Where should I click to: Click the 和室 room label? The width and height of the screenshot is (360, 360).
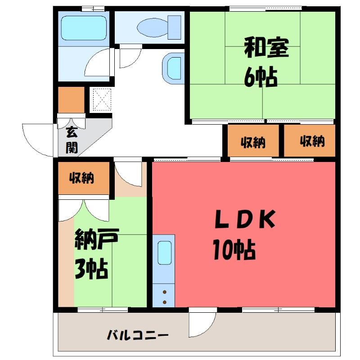(266, 48)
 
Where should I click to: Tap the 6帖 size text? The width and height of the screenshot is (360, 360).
(261, 77)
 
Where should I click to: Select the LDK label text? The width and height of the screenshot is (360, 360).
(245, 219)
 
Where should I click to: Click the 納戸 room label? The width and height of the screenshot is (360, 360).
(97, 239)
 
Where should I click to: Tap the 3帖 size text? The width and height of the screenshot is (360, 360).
(91, 269)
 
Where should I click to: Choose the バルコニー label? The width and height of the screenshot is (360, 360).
(138, 335)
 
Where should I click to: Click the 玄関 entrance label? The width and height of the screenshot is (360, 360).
(72, 139)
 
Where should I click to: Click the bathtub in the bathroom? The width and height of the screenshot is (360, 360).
(84, 28)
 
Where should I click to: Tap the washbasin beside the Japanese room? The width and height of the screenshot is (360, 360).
(173, 68)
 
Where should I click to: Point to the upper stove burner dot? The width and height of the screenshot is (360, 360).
(165, 292)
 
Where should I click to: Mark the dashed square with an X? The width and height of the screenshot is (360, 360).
(102, 99)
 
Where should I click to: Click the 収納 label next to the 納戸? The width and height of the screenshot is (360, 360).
(81, 178)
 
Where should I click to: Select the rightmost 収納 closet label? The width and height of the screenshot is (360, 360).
(312, 141)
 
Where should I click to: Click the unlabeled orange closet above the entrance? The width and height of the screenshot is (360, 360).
(71, 99)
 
